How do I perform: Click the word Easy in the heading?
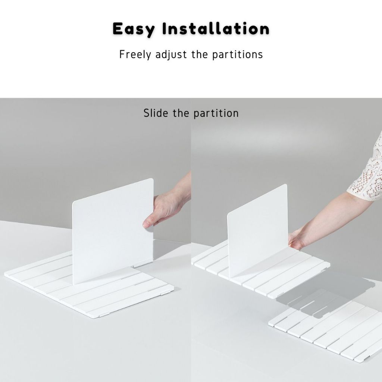(x=134, y=29)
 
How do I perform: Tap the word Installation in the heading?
(x=216, y=28)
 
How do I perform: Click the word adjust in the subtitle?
(x=171, y=54)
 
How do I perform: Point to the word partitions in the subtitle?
(x=237, y=55)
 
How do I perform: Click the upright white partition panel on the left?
(x=113, y=231)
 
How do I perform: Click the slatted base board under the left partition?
(x=89, y=285)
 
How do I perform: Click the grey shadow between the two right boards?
(x=324, y=292)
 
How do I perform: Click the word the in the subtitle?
(x=199, y=54)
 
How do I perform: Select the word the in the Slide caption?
(x=181, y=113)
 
